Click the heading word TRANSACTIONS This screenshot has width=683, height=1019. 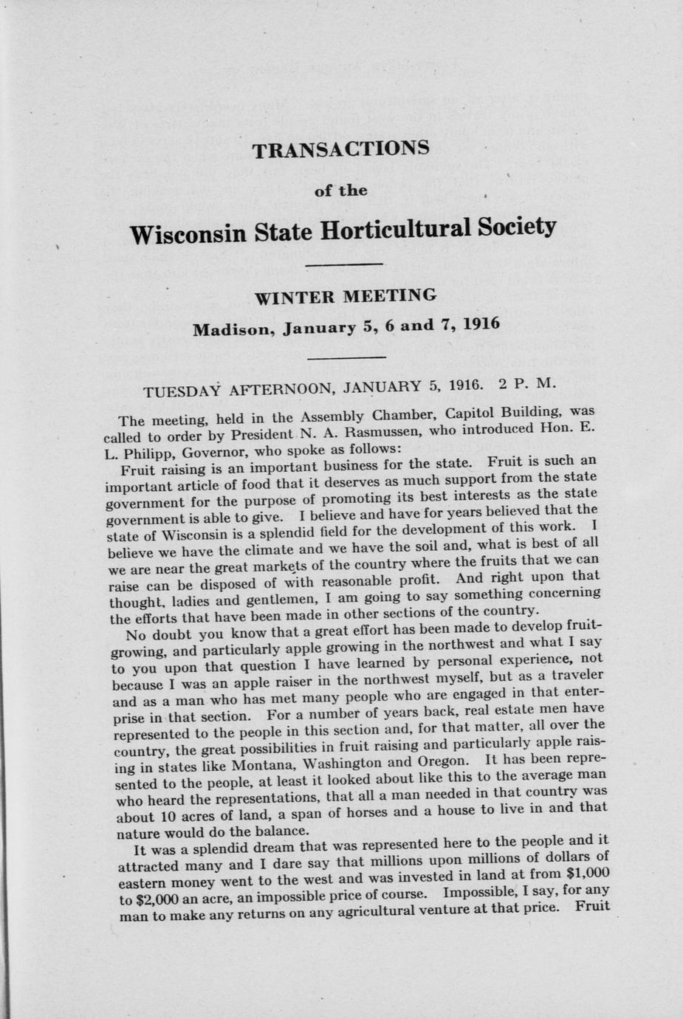pos(340,150)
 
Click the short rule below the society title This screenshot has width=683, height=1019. pos(343,264)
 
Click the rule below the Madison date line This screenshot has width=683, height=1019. pos(346,357)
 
